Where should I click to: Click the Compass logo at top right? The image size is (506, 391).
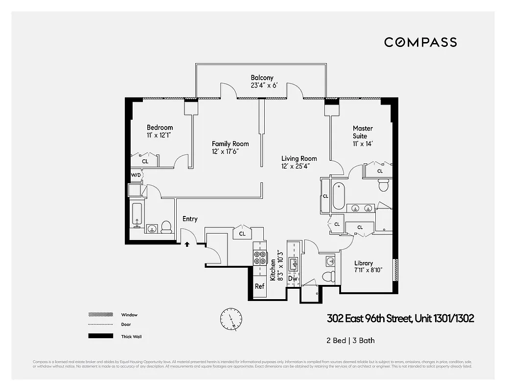tap(420, 42)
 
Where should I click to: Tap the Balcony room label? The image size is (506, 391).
tap(262, 81)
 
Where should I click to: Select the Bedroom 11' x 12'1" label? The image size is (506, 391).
tap(160, 131)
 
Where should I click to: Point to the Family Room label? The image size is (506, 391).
tap(230, 148)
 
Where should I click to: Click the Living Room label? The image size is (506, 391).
tap(299, 162)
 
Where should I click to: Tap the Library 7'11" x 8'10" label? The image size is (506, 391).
tap(364, 266)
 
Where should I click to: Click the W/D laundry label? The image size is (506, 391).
tap(136, 175)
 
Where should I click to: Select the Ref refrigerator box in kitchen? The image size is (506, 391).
tap(259, 286)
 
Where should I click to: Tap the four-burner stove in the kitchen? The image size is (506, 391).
tap(259, 258)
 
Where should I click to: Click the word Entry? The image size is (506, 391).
tap(190, 219)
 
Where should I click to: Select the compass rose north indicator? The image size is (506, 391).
tap(231, 319)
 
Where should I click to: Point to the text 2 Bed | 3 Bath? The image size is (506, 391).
tap(350, 340)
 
